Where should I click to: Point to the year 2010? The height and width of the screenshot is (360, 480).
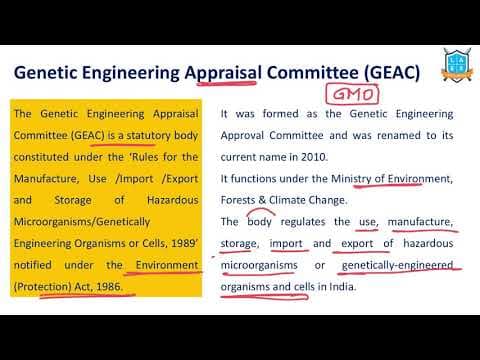[324, 157]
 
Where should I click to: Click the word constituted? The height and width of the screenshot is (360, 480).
[44, 157]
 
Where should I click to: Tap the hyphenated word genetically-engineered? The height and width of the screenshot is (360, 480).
[398, 264]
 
